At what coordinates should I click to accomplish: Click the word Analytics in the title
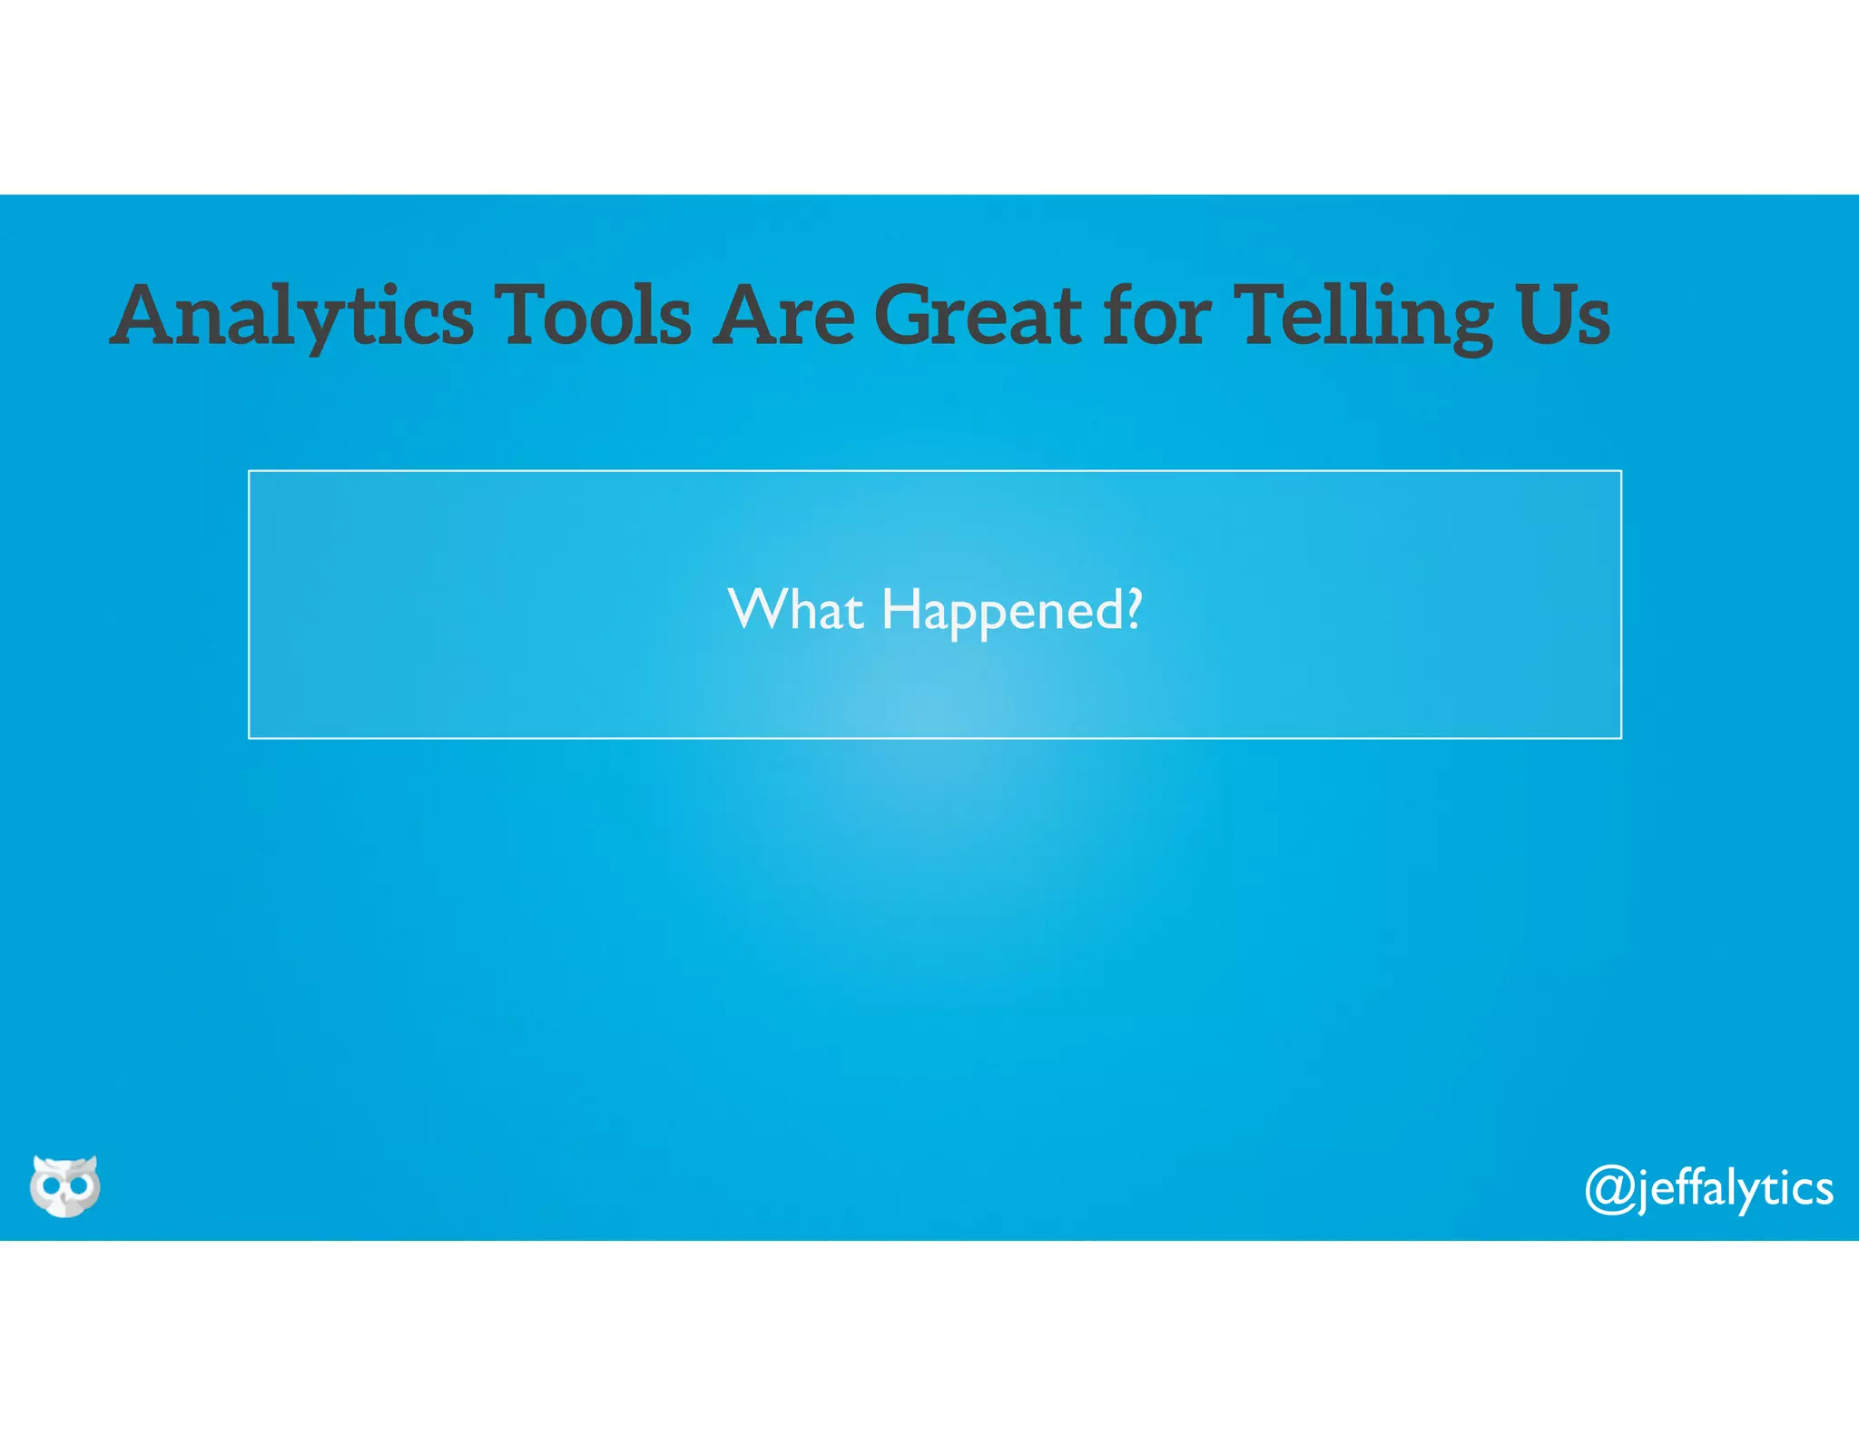292,315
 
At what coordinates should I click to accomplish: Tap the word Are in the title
782,315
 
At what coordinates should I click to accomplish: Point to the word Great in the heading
978,315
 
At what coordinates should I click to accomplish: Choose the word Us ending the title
1562,315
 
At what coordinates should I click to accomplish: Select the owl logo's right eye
80,1185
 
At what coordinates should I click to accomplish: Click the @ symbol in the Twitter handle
1609,1188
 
